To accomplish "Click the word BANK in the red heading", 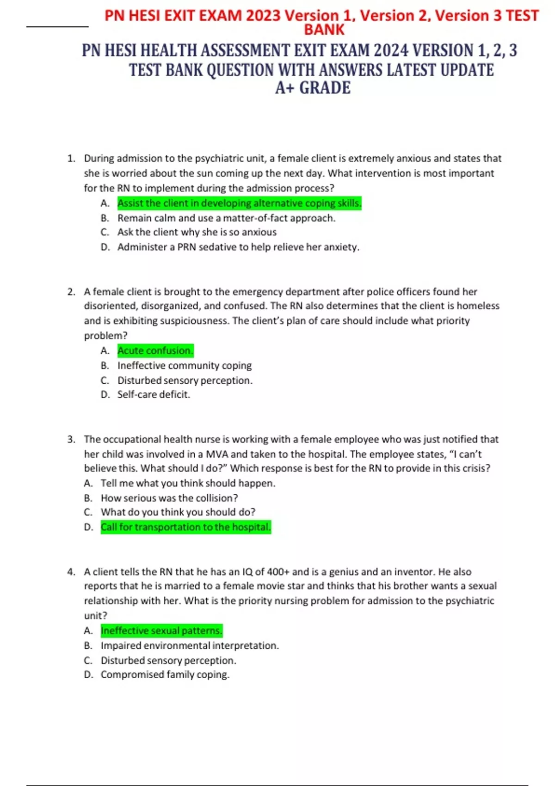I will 324,30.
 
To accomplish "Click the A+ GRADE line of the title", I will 313,88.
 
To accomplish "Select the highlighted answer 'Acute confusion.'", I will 155,350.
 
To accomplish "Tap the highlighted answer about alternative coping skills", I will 239,203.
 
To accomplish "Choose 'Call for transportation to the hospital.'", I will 185,527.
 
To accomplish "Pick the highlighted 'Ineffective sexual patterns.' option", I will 161,631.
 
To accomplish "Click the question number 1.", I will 71,159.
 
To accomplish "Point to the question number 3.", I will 71,439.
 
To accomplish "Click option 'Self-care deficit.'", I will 154,394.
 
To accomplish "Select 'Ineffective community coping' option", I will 184,365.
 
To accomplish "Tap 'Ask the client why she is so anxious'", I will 197,232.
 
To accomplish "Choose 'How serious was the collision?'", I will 169,498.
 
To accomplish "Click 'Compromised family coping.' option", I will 165,675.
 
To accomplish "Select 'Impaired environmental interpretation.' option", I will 190,645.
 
